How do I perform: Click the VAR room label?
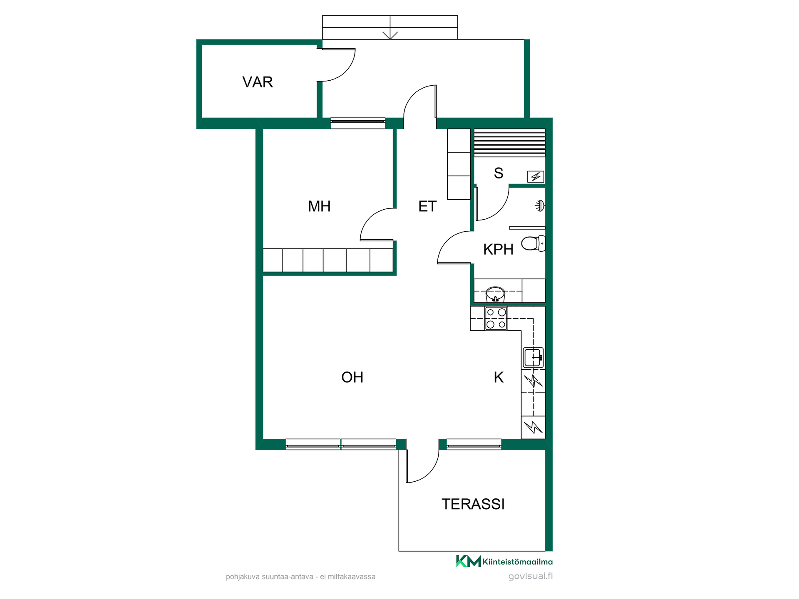[258, 82]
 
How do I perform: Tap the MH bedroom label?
[319, 206]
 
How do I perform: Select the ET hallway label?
[427, 206]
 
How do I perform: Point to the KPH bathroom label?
[498, 249]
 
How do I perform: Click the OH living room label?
[352, 377]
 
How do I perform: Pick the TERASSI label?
[473, 504]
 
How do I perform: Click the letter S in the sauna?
[499, 173]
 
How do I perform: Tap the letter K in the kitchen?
[499, 377]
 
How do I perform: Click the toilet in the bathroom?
[533, 243]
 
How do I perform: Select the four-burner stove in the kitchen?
[496, 319]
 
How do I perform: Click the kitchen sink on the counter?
[533, 358]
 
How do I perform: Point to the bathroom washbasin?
[495, 294]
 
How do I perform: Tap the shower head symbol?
[540, 205]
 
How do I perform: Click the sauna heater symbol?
[536, 177]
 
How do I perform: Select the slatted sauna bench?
[509, 143]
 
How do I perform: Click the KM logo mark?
[469, 561]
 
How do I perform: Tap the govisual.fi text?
[531, 576]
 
